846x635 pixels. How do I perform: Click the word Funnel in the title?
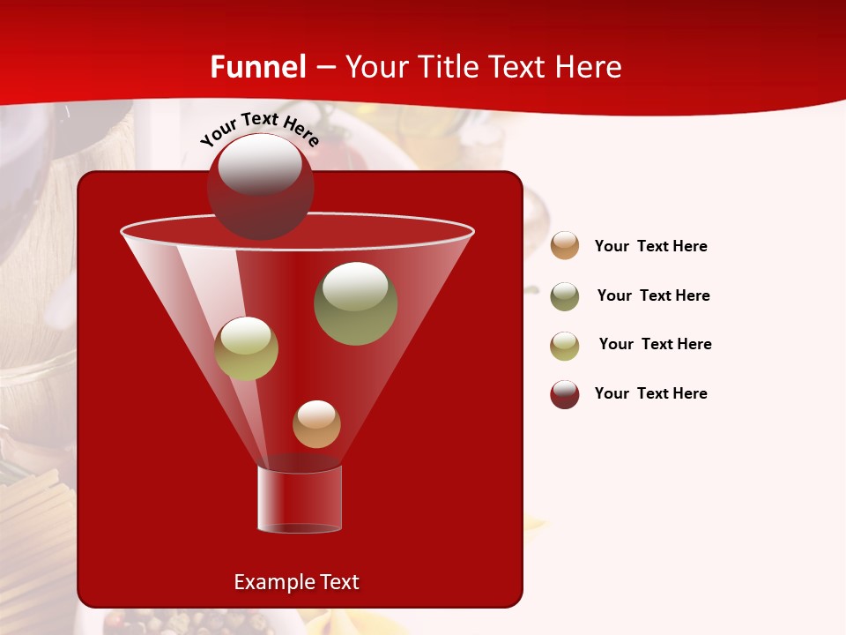[x=257, y=67]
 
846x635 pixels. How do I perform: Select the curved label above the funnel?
[x=260, y=127]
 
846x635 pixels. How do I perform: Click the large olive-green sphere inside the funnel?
[x=355, y=303]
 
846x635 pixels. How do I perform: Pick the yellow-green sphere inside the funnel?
[x=246, y=348]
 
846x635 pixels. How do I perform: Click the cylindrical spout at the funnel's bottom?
[x=300, y=498]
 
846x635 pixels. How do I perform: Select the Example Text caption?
[x=297, y=582]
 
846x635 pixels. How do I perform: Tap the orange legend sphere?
[x=565, y=245]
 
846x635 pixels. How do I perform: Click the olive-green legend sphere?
[x=565, y=296]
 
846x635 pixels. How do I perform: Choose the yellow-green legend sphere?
[x=565, y=346]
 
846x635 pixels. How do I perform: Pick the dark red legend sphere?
[x=565, y=394]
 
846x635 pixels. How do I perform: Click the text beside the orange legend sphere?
[x=650, y=246]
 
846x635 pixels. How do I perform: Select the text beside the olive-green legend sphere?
[x=653, y=295]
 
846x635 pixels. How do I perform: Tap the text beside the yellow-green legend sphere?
[x=655, y=344]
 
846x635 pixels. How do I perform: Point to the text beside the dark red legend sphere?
[x=650, y=393]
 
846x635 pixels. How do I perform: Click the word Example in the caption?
[x=271, y=582]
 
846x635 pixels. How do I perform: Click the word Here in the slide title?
[x=590, y=67]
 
